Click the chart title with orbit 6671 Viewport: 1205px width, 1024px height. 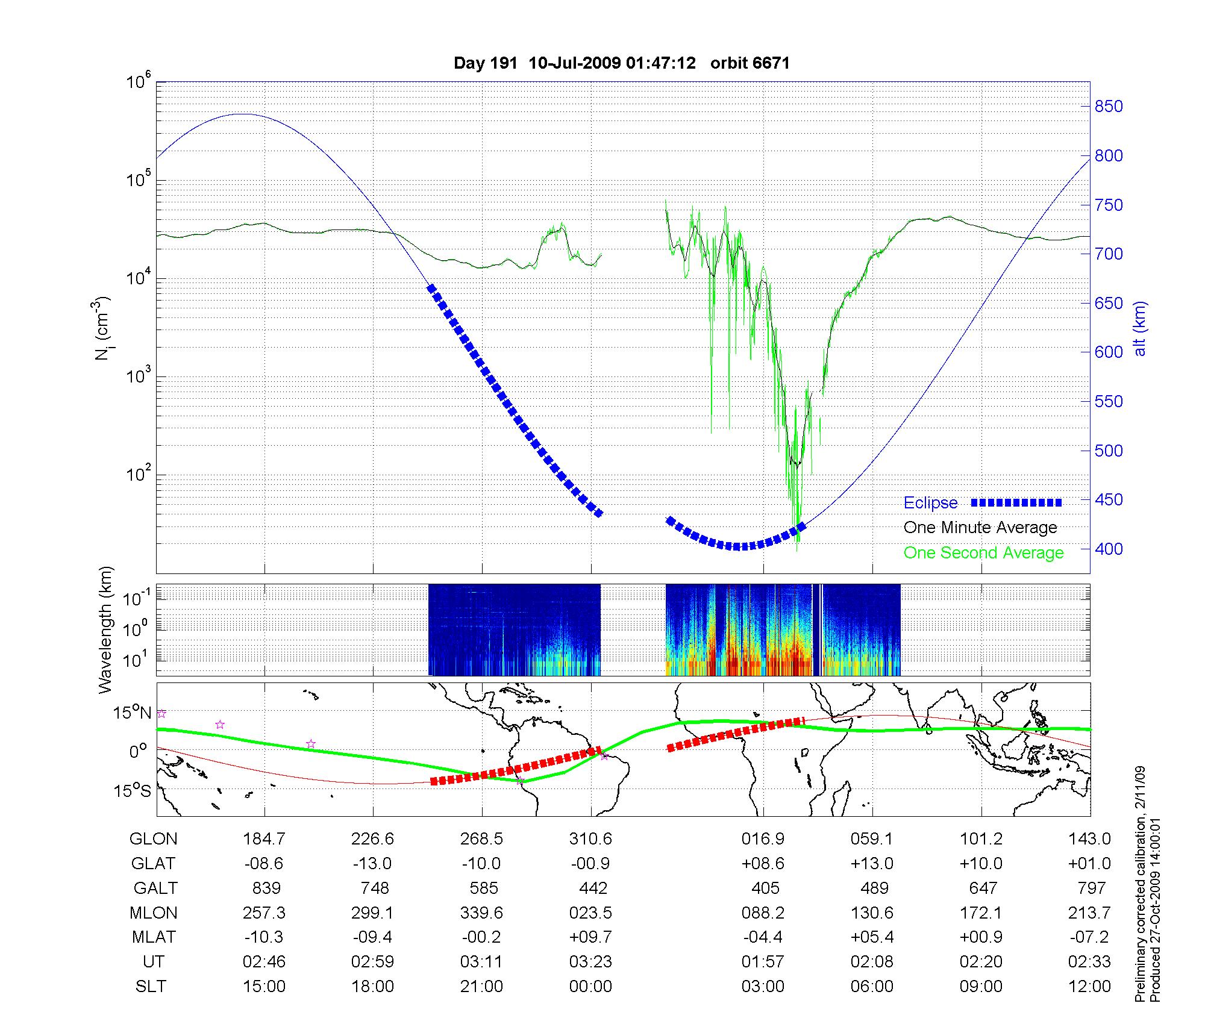(621, 63)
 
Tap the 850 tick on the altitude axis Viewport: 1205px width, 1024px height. (1109, 107)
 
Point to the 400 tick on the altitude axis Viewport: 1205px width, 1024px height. (1109, 549)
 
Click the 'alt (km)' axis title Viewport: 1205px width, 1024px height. (1141, 328)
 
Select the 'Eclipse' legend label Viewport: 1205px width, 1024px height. (930, 503)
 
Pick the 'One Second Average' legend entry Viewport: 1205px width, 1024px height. (983, 553)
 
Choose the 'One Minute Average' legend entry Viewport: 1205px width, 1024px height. (980, 528)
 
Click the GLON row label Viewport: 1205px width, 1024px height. (154, 839)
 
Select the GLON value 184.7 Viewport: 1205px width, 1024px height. (264, 839)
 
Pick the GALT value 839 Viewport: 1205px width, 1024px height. (266, 888)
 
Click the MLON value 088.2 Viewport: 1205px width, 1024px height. (763, 913)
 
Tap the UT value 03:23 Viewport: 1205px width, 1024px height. (590, 961)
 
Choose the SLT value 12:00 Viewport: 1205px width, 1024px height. (1089, 986)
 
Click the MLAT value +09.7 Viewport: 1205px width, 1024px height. (590, 937)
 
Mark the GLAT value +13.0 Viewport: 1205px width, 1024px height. (872, 864)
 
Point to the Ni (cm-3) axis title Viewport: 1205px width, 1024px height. (103, 328)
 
